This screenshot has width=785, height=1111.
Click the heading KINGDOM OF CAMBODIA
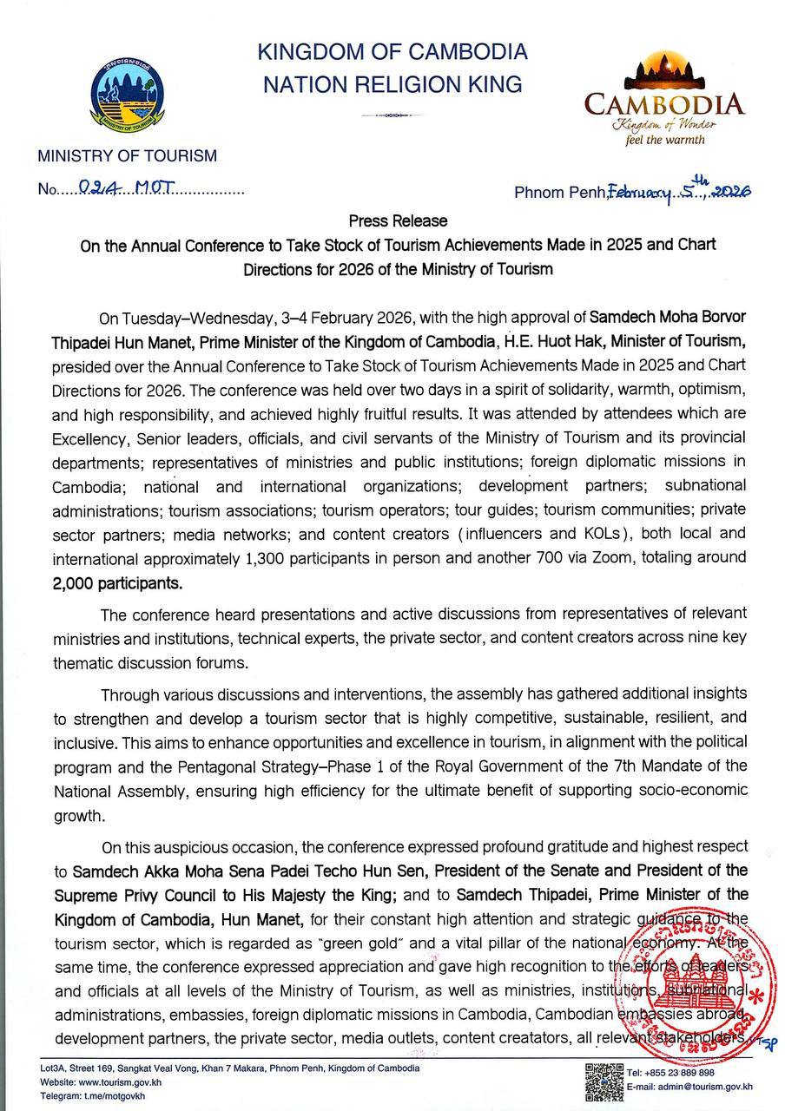[x=392, y=52]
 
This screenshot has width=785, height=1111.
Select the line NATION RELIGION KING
[x=392, y=84]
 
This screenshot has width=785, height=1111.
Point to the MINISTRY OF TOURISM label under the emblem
[x=127, y=156]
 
